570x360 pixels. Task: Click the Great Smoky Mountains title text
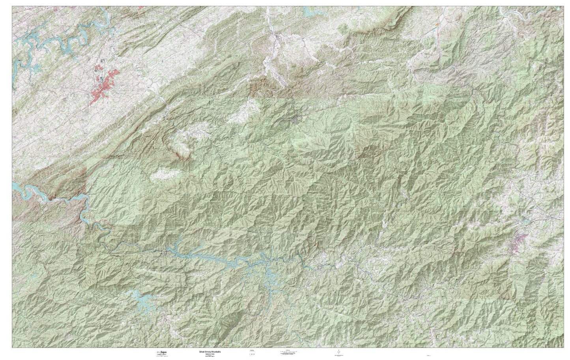coord(208,351)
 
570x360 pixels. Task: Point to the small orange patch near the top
coord(436,24)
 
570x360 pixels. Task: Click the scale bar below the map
coord(288,352)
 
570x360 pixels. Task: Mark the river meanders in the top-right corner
coord(525,14)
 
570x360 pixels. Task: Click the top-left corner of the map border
coord(12,6)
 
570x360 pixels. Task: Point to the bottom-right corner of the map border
coord(563,348)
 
